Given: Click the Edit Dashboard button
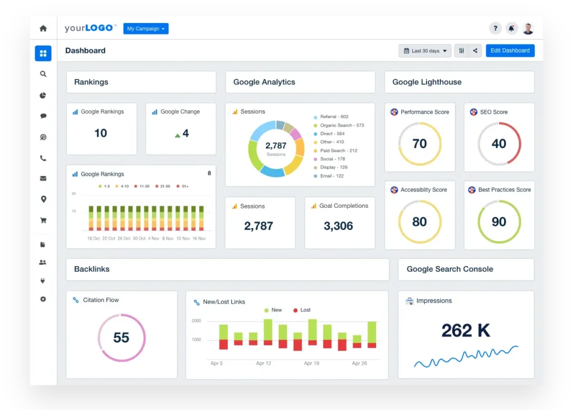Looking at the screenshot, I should click(x=510, y=50).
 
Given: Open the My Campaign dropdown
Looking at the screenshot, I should click(x=145, y=29).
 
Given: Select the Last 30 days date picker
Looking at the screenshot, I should click(x=425, y=51).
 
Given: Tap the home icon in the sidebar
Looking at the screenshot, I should click(x=43, y=29).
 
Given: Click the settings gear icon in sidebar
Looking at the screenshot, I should click(x=43, y=299).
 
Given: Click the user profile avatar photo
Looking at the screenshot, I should click(x=528, y=29).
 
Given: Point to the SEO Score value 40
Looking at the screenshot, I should click(x=499, y=144).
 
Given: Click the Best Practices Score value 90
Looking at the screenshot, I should click(x=499, y=222).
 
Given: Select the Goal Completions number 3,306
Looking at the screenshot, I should click(x=339, y=226).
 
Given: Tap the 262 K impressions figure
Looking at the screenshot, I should click(x=466, y=330).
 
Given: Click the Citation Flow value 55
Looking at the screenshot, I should click(x=121, y=338).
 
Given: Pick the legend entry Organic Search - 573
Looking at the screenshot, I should click(x=341, y=125).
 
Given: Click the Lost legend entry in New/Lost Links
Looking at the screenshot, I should click(x=305, y=310).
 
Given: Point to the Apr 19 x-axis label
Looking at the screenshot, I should click(x=312, y=363).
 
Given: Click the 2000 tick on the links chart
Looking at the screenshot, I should click(x=196, y=321).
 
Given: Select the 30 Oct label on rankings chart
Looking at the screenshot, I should click(x=139, y=238).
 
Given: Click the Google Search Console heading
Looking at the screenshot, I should click(x=450, y=269).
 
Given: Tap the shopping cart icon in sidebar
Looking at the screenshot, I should click(x=43, y=221).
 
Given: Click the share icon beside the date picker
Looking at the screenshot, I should click(x=475, y=51).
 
